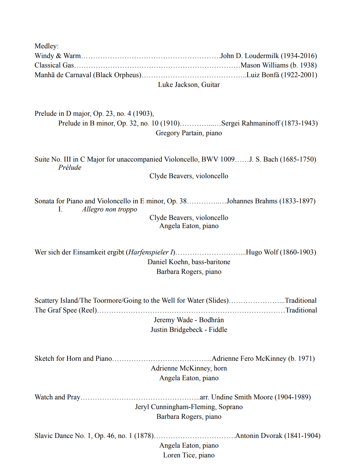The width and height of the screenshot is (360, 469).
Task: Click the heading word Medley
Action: point(46,46)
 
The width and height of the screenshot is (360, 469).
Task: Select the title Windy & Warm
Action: point(58,56)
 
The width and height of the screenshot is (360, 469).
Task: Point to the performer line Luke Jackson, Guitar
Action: point(189,85)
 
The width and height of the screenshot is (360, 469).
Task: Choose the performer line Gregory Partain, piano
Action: point(189,133)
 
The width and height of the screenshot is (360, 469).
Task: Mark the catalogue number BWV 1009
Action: point(218,159)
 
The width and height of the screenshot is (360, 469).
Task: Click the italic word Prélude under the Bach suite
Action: point(70,168)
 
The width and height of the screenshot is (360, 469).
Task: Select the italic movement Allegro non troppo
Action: point(110,209)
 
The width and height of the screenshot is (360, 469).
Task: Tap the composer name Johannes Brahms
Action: point(252,201)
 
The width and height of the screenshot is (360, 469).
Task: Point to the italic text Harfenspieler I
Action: point(151,252)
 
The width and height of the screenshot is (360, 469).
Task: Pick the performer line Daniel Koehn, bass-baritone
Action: point(189,262)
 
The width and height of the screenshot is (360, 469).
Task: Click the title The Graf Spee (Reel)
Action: point(66,310)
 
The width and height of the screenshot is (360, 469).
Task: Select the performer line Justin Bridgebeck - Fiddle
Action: point(189,330)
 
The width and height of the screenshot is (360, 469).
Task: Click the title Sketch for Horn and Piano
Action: point(73,359)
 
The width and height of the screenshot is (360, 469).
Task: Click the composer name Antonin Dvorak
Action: point(259,436)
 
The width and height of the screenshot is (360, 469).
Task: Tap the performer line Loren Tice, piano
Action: point(189,455)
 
